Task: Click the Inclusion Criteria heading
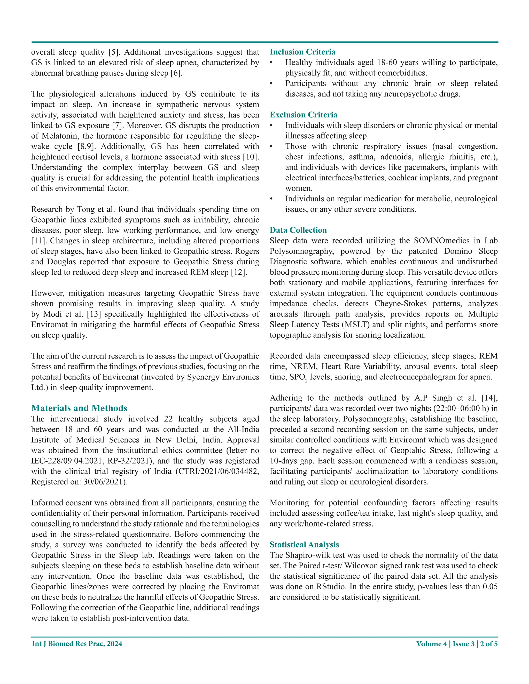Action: [x=302, y=52]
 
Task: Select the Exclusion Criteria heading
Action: [x=303, y=115]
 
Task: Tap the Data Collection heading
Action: [x=298, y=230]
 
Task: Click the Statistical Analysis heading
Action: [x=304, y=545]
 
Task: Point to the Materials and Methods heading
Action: [x=79, y=408]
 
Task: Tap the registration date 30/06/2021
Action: [x=105, y=482]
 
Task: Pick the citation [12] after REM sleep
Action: [x=238, y=272]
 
